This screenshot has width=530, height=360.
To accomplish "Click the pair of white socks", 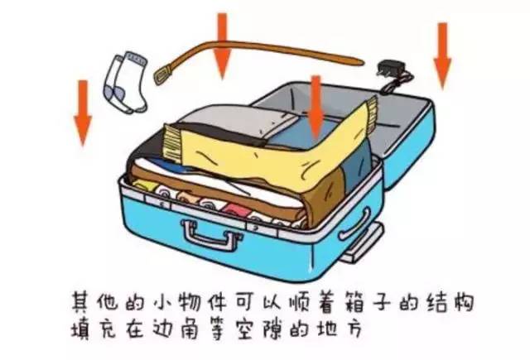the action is tap(126, 83).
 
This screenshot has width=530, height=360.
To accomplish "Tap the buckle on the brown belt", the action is tap(163, 74).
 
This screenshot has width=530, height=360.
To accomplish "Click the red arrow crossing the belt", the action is tap(222, 46).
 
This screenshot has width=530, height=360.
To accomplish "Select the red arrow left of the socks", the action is tap(83, 113).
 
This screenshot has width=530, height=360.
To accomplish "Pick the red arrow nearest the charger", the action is tap(442, 55).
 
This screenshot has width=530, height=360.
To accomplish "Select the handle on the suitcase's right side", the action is tap(355, 224).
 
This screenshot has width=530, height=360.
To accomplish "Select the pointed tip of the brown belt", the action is tap(362, 62).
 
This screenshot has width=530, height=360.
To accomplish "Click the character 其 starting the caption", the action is tap(81, 301).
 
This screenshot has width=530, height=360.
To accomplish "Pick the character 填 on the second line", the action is tap(81, 328).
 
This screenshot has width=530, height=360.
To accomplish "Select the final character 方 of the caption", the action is tap(353, 328).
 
